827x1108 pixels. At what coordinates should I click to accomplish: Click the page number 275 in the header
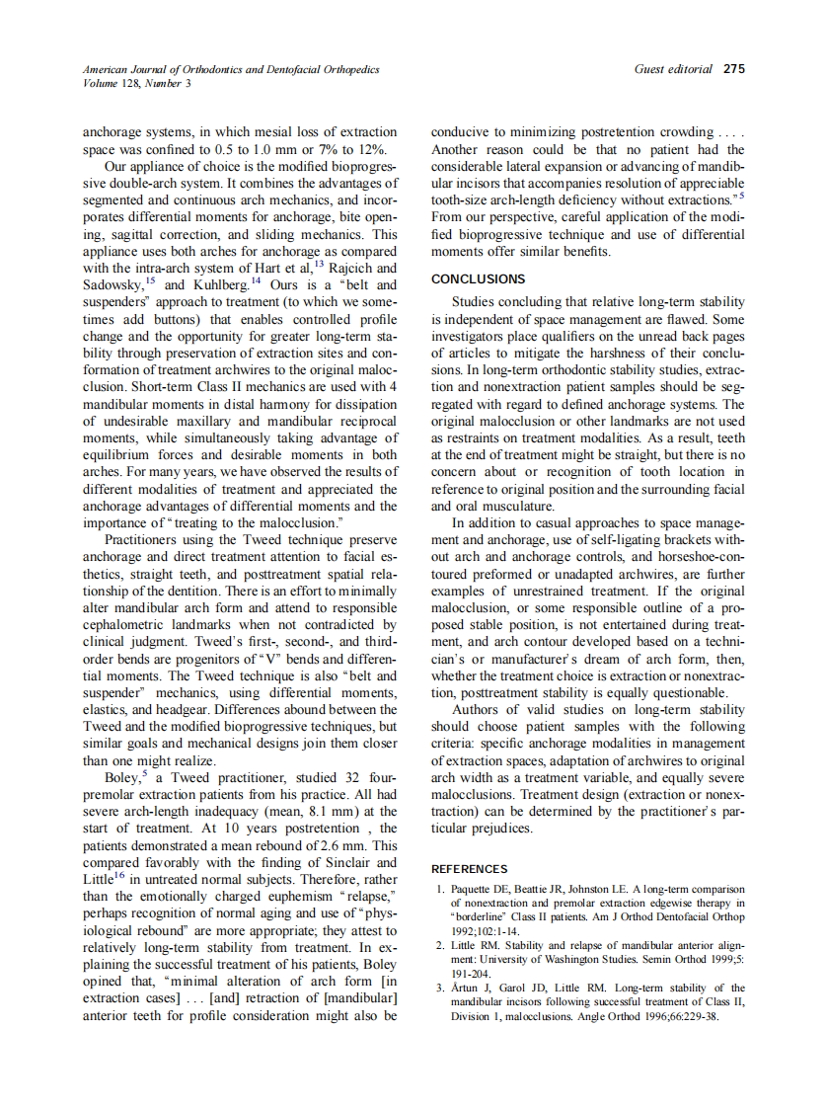734,69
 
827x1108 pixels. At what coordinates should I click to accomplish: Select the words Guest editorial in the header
672,69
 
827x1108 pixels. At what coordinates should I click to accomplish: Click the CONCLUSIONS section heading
479,279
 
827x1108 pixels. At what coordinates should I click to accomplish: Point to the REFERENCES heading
470,869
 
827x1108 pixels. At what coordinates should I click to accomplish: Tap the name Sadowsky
113,285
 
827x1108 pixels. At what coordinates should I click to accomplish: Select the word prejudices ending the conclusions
498,828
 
